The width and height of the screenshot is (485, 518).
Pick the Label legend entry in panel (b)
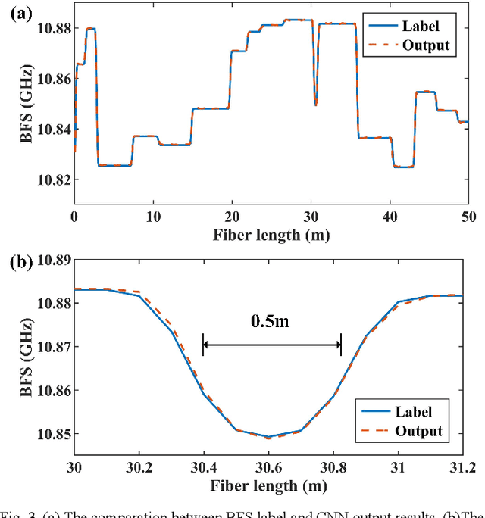(x=413, y=412)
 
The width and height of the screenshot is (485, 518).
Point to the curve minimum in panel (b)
(x=268, y=438)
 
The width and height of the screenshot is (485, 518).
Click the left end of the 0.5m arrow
(x=203, y=345)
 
